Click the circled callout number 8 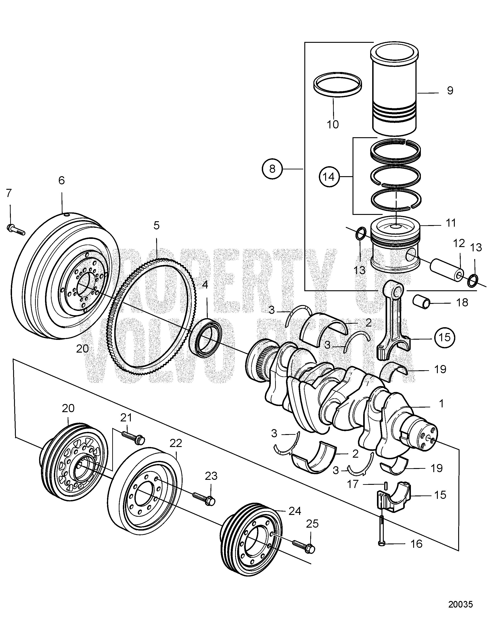(x=272, y=169)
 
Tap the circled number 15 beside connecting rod (x=445, y=337)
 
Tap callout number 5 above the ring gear (x=156, y=226)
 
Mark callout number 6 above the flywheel (x=61, y=180)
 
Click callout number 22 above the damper (x=176, y=443)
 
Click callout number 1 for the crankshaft (x=441, y=403)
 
